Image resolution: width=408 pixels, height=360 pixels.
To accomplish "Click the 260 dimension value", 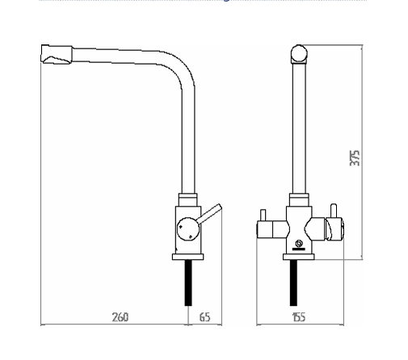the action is (120, 317).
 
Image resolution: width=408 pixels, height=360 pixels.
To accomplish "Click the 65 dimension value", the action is (204, 317).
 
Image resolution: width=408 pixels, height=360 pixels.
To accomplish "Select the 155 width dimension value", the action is (299, 317).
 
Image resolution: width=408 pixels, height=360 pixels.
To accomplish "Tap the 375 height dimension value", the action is (355, 157).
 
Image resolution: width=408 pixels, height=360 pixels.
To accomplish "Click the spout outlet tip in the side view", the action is (57, 55).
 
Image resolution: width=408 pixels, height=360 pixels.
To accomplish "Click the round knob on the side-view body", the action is (188, 228).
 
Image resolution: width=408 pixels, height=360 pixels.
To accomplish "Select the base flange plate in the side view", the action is (188, 257).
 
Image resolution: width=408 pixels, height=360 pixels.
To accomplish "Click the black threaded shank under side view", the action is (188, 283).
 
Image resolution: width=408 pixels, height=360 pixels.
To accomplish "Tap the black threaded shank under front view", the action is (293, 283).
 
